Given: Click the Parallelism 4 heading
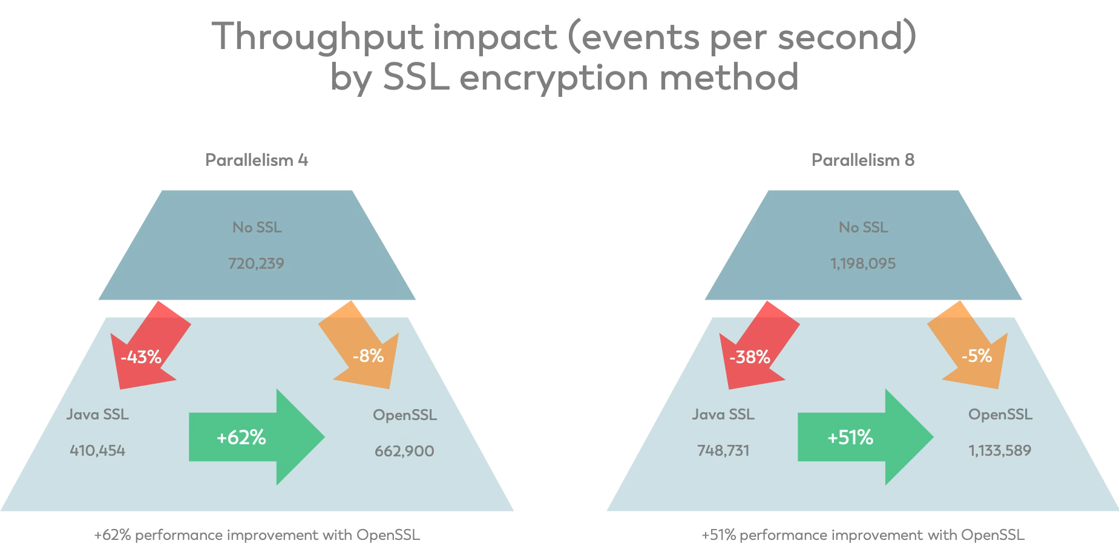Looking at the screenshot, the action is click(x=257, y=160).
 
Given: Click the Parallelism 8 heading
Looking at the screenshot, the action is click(x=863, y=160).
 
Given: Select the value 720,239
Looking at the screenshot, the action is click(x=256, y=263).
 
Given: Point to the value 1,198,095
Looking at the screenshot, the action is click(x=863, y=263).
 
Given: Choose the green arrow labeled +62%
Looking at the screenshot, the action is click(x=257, y=437).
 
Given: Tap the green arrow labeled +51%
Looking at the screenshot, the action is click(x=865, y=437).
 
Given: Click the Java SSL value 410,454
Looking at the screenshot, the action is click(x=97, y=450).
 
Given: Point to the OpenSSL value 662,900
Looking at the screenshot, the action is click(x=404, y=451).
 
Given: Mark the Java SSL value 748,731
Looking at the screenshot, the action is click(x=723, y=450).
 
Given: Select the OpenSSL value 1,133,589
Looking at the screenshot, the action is click(x=1000, y=450).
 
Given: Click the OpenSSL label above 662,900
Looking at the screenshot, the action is click(x=405, y=415).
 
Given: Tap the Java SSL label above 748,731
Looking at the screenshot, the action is click(x=723, y=415).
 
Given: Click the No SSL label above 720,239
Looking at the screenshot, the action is click(x=257, y=228).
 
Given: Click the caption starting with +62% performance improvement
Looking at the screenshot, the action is click(x=257, y=535).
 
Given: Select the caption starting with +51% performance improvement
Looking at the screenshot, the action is click(x=863, y=535).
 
